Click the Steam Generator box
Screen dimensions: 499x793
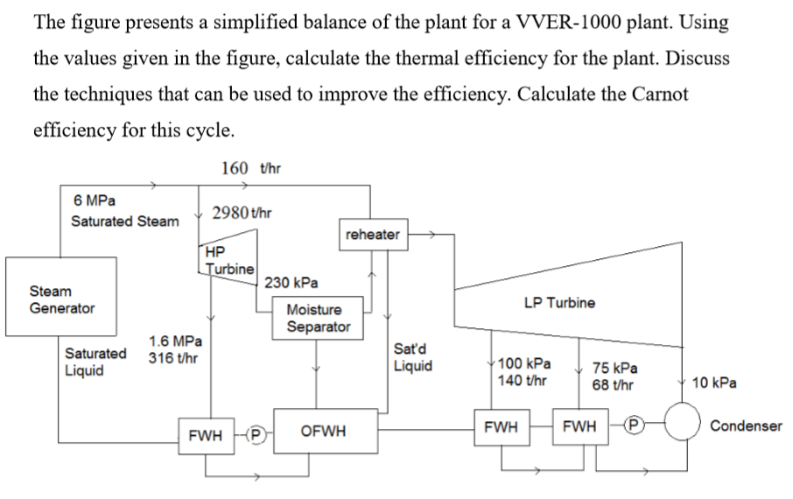coord(61,299)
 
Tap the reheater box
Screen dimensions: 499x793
coord(372,235)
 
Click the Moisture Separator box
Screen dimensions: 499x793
coord(319,319)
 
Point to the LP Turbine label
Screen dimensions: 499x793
coord(559,303)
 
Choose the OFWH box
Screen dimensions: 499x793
coord(322,431)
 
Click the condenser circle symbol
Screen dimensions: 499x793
coord(684,425)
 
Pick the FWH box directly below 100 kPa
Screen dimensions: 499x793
coord(501,426)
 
